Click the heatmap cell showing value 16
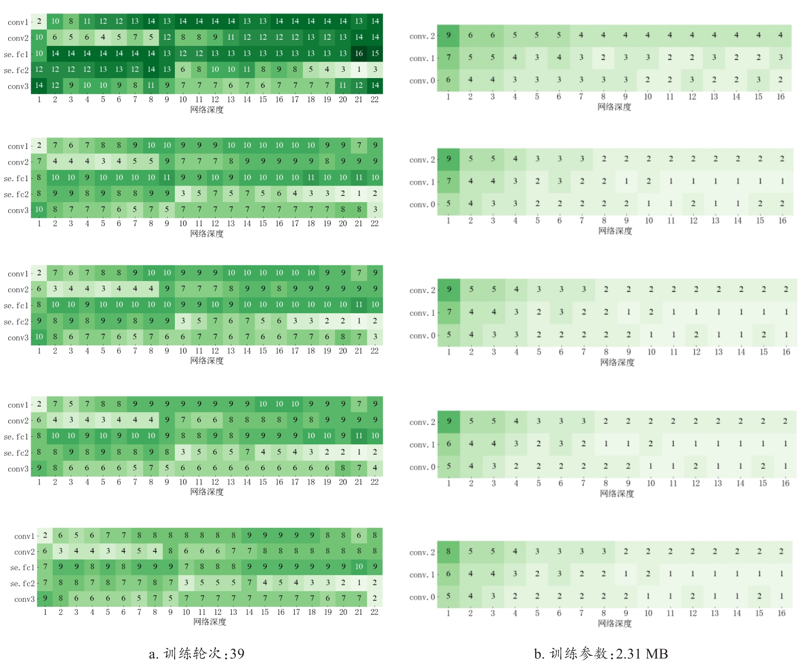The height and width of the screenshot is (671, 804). pyautogui.click(x=359, y=54)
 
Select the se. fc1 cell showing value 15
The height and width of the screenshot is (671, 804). pyautogui.click(x=375, y=54)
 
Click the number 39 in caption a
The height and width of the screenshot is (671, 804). pyautogui.click(x=237, y=654)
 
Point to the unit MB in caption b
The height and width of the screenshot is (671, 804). pyautogui.click(x=657, y=654)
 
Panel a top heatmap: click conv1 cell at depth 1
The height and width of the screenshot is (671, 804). pyautogui.click(x=39, y=21)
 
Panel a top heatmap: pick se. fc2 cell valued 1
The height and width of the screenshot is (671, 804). pyautogui.click(x=359, y=70)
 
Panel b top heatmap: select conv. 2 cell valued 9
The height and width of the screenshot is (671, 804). pyautogui.click(x=448, y=35)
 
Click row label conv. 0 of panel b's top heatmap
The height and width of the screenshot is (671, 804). pyautogui.click(x=422, y=81)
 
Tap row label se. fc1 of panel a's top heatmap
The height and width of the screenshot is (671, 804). pyautogui.click(x=16, y=54)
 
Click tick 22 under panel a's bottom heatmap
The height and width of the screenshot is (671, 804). pyautogui.click(x=374, y=612)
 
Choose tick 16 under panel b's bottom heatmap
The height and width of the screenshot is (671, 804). pyautogui.click(x=781, y=613)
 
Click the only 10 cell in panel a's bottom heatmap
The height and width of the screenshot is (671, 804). pyautogui.click(x=359, y=567)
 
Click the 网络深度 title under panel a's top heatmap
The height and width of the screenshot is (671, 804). pyautogui.click(x=207, y=110)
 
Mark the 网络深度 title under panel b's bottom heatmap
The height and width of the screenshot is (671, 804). pyautogui.click(x=614, y=624)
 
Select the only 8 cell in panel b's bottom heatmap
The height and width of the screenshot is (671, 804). pyautogui.click(x=448, y=551)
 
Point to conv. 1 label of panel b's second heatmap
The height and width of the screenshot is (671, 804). pyautogui.click(x=422, y=182)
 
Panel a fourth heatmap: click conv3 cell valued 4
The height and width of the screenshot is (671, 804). pyautogui.click(x=375, y=468)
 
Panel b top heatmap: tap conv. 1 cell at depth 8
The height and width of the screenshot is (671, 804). pyautogui.click(x=603, y=58)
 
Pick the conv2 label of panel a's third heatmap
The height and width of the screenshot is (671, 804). pyautogui.click(x=18, y=290)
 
